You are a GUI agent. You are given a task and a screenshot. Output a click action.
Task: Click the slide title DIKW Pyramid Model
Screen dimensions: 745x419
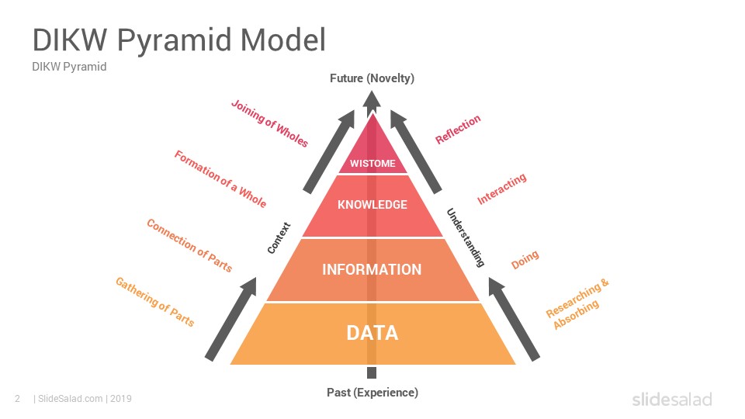pyautogui.click(x=179, y=40)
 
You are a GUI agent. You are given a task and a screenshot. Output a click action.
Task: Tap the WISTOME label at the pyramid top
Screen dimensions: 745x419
pyautogui.click(x=372, y=164)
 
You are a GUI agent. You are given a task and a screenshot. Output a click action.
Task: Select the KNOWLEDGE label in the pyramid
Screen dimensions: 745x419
pyautogui.click(x=372, y=205)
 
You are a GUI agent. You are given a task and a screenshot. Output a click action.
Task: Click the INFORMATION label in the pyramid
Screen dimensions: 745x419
pyautogui.click(x=372, y=269)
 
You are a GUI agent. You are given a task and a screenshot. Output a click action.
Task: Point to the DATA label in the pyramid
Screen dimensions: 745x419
pyautogui.click(x=372, y=333)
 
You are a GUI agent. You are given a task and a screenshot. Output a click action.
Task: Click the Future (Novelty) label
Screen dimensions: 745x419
pyautogui.click(x=372, y=78)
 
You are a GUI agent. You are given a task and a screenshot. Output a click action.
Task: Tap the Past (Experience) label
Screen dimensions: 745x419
pyautogui.click(x=372, y=393)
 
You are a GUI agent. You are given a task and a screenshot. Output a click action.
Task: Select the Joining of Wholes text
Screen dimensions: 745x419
pyautogui.click(x=269, y=123)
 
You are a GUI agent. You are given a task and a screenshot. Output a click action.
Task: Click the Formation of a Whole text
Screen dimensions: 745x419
pyautogui.click(x=220, y=179)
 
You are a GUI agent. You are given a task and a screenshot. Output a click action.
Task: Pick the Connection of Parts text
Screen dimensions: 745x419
pyautogui.click(x=189, y=245)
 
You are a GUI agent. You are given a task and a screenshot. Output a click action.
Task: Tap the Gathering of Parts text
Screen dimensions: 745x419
pyautogui.click(x=155, y=302)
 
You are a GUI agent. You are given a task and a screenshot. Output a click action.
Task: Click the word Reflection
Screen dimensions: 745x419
pyautogui.click(x=458, y=130)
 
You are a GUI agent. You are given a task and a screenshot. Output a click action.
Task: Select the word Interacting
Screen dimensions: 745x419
pyautogui.click(x=502, y=189)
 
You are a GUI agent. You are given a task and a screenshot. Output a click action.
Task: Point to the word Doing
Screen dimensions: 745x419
pyautogui.click(x=525, y=260)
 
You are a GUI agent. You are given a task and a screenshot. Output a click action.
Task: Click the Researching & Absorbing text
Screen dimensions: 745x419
pyautogui.click(x=577, y=304)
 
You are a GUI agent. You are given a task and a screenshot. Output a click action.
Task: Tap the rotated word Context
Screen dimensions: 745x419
pyautogui.click(x=279, y=237)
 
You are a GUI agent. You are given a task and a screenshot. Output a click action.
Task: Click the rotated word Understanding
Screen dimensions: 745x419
pyautogui.click(x=466, y=237)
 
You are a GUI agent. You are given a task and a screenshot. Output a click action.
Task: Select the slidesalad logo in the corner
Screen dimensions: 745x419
pyautogui.click(x=672, y=399)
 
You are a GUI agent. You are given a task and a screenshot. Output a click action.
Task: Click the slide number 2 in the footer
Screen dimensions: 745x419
pyautogui.click(x=18, y=399)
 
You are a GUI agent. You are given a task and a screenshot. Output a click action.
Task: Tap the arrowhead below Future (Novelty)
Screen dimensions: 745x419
pyautogui.click(x=372, y=99)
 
